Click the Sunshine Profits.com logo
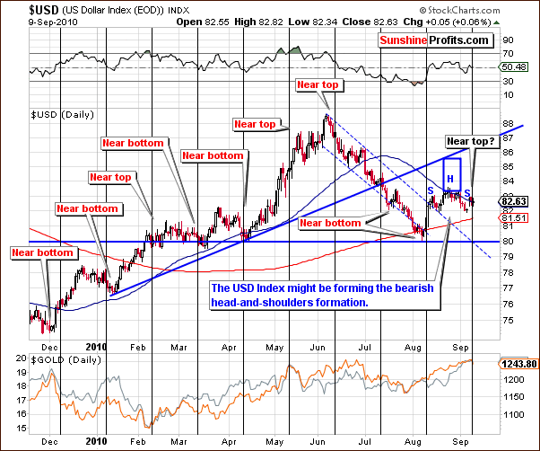pos(434,40)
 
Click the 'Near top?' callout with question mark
pos(474,141)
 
